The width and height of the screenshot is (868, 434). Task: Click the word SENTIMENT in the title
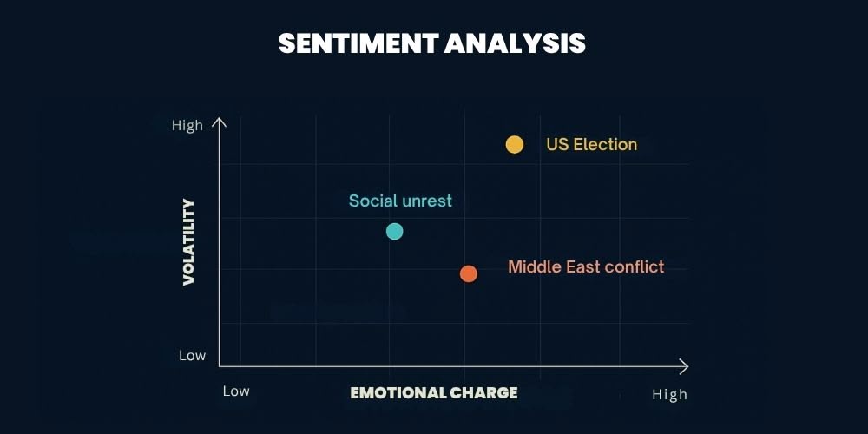point(358,43)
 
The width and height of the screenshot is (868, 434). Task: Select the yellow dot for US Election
point(515,144)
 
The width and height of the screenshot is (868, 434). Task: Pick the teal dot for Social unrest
point(394,231)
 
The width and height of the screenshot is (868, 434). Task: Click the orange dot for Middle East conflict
point(469,273)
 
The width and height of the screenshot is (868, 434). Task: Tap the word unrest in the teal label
point(426,201)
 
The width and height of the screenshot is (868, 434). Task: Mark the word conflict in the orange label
point(634,266)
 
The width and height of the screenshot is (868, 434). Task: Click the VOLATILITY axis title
point(188,242)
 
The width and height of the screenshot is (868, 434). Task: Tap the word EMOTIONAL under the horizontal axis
point(398,392)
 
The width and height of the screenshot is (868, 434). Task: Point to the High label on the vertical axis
point(187,125)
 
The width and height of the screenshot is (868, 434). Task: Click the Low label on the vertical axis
point(192,355)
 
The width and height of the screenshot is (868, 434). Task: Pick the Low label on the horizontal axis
point(236,391)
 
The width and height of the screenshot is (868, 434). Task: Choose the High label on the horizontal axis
point(669,395)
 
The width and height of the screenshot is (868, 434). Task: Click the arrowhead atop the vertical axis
point(220,122)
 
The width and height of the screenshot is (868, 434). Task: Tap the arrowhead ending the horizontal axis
point(684,365)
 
